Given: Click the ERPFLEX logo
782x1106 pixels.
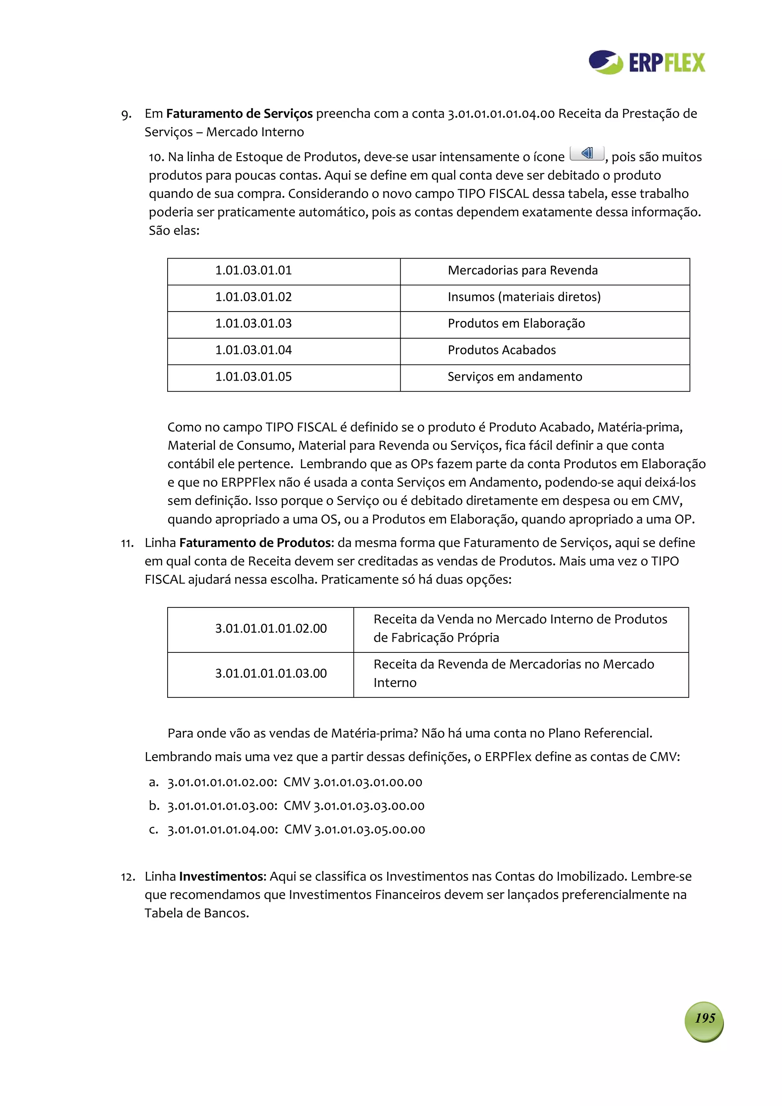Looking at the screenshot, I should tap(646, 62).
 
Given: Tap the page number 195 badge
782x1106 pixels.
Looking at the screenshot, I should tap(704, 1018).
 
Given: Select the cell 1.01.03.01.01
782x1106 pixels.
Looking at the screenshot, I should tap(254, 270).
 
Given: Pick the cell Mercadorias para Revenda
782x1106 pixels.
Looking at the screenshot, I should tap(522, 270).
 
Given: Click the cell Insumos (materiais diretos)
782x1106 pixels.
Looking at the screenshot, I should tap(524, 297).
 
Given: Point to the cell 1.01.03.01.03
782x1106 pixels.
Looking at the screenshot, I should tap(254, 323).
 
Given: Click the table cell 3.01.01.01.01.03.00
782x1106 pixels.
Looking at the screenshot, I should tap(271, 673).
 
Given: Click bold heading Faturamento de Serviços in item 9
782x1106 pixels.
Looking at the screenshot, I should tap(239, 114).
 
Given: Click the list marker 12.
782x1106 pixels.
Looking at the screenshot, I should tap(127, 877).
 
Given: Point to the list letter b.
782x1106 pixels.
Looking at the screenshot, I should tap(154, 806).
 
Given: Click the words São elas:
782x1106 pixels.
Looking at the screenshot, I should tap(174, 230).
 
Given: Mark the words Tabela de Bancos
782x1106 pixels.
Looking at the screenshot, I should tap(197, 913).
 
